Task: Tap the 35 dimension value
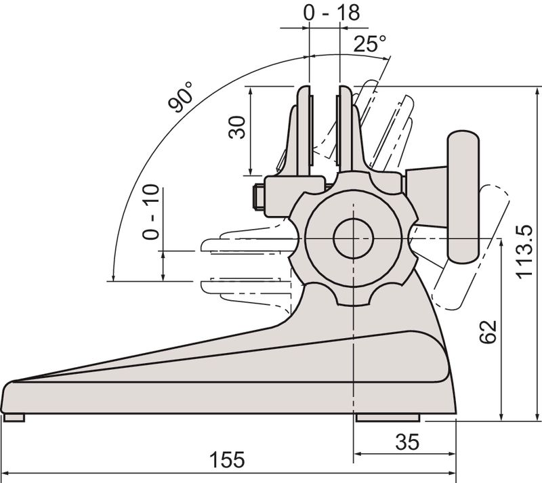(x=407, y=442)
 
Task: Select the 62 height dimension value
(x=488, y=332)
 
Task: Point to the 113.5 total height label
(x=524, y=251)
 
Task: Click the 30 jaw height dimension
(x=237, y=127)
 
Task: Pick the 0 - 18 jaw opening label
(x=331, y=12)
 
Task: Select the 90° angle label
(x=180, y=97)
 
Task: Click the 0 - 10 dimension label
(x=150, y=212)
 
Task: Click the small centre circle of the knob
(x=353, y=238)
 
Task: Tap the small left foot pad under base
(x=14, y=417)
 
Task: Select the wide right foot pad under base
(x=388, y=417)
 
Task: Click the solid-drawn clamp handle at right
(x=463, y=196)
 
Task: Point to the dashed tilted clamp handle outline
(x=472, y=247)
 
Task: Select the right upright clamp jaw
(x=351, y=129)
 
